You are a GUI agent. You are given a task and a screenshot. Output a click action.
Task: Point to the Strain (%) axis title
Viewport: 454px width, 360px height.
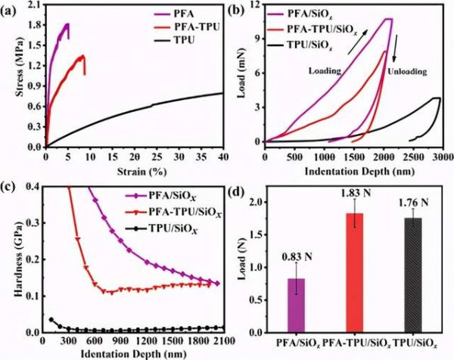click(x=134, y=169)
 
